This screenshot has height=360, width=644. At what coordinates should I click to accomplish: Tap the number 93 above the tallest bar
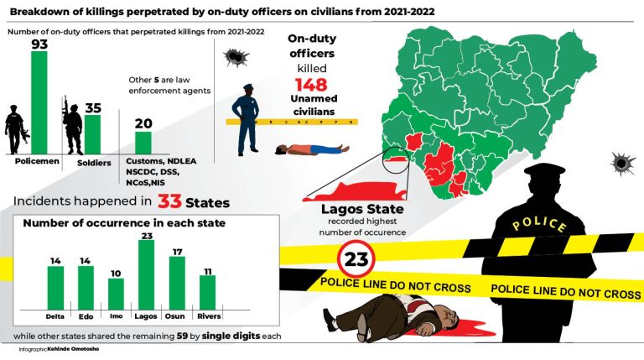pyautogui.click(x=39, y=44)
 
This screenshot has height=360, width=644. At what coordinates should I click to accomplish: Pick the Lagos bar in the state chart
pyautogui.click(x=147, y=274)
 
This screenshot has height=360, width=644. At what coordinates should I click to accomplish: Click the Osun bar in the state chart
pyautogui.click(x=177, y=282)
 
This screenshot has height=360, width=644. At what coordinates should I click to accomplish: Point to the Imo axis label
pyautogui.click(x=117, y=316)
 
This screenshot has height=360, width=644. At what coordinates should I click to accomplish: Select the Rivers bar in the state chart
pyautogui.click(x=207, y=291)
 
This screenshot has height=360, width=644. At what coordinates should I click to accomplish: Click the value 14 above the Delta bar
pyautogui.click(x=56, y=261)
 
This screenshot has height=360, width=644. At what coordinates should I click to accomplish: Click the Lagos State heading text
pyautogui.click(x=362, y=209)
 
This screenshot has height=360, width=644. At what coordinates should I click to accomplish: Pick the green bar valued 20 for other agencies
pyautogui.click(x=143, y=142)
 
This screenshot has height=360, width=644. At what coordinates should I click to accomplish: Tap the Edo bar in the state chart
pyautogui.click(x=86, y=287)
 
